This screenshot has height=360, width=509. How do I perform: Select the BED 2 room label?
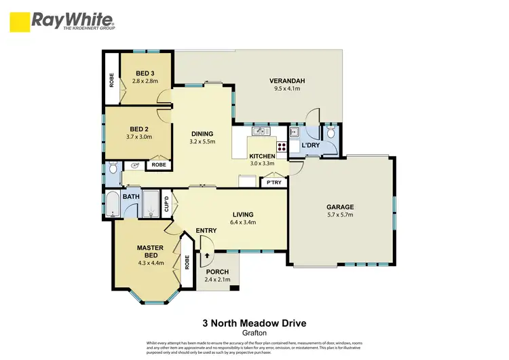point(138,128)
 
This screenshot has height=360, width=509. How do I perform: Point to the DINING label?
point(202,134)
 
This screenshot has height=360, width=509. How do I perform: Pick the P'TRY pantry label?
point(274,183)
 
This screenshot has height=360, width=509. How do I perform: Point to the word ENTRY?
point(206,231)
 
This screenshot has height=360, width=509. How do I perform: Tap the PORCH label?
point(218,272)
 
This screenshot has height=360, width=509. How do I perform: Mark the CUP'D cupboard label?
point(166,202)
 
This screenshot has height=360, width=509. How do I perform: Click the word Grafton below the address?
point(253,334)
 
